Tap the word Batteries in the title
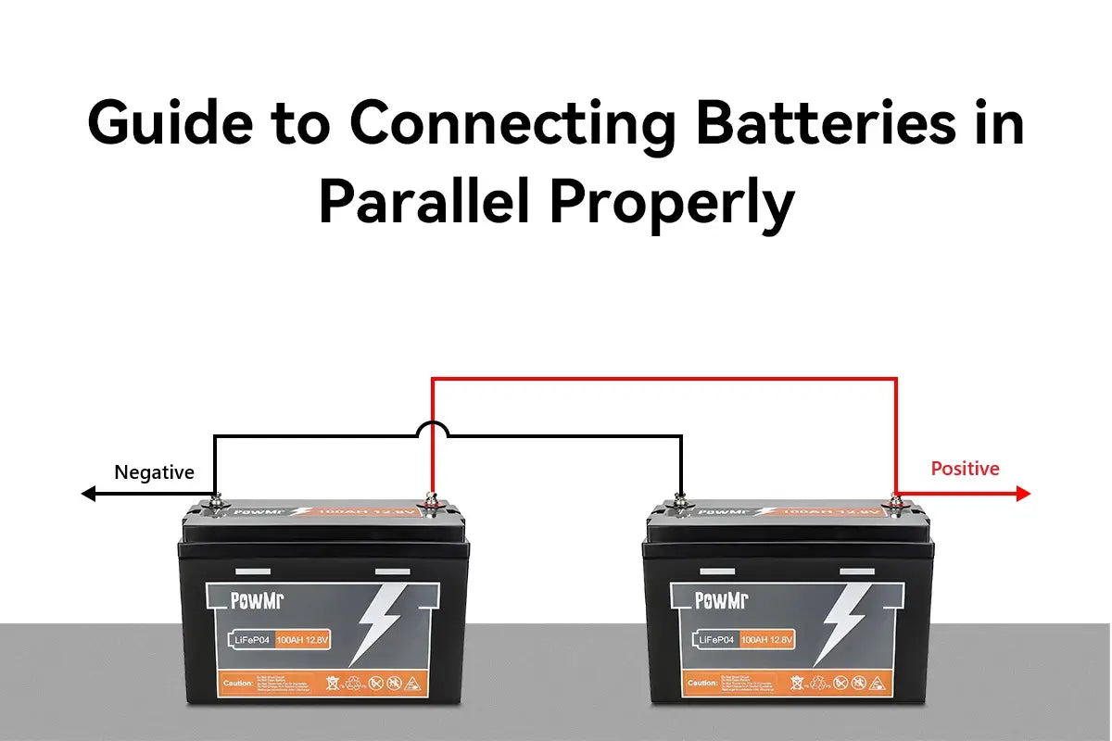(x=825, y=122)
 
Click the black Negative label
(x=154, y=472)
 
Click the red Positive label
(x=965, y=469)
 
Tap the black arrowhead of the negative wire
(x=89, y=495)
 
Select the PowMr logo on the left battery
(x=257, y=600)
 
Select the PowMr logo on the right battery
(x=721, y=600)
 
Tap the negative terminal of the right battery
(x=680, y=503)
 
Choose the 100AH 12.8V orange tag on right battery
(x=765, y=639)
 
